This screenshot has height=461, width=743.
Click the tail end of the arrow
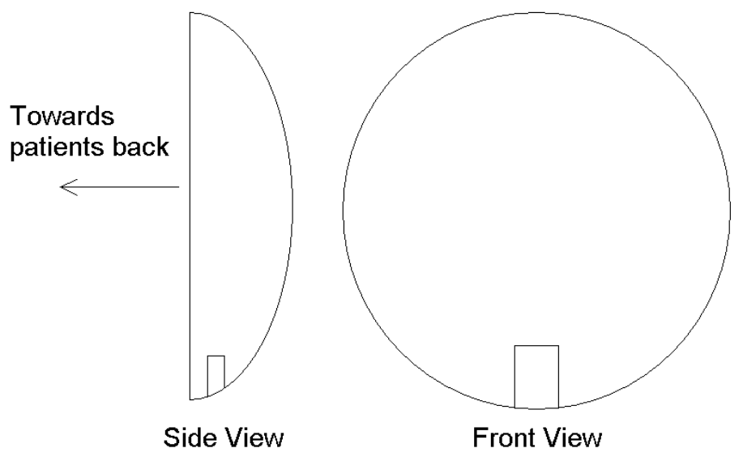[178, 188]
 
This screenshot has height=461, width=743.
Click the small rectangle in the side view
[216, 375]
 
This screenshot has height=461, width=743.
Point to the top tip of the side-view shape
[191, 13]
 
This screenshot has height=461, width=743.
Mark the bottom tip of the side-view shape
[191, 399]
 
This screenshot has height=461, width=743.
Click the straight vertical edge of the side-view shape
[190, 203]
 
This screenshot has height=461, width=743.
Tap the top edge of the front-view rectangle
[536, 346]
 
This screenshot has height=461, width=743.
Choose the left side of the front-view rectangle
[515, 377]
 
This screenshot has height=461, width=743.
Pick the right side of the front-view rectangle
[558, 377]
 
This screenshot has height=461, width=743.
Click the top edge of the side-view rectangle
[216, 356]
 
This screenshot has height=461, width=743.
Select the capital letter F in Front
[479, 438]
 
